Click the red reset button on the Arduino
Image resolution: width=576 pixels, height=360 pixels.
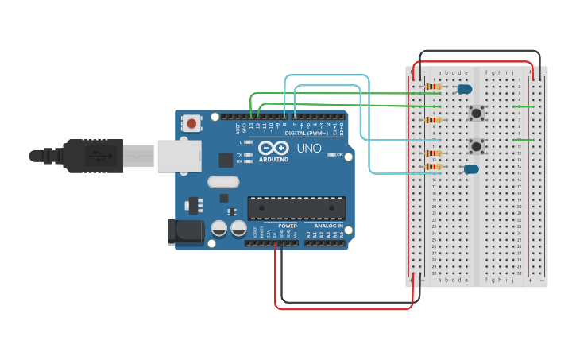click(191, 122)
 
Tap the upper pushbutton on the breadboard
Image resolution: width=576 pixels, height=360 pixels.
click(476, 113)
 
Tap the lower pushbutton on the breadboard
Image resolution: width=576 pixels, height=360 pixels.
click(476, 146)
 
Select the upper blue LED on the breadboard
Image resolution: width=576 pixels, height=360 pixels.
click(464, 89)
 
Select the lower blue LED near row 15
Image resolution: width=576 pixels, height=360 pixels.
click(471, 168)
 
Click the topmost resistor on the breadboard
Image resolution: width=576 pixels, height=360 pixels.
click(433, 87)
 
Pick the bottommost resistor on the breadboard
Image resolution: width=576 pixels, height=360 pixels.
click(433, 167)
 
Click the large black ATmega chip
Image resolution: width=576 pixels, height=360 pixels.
click(296, 208)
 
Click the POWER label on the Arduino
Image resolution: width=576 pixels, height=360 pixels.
click(287, 226)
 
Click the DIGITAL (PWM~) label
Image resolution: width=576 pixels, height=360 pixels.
click(306, 133)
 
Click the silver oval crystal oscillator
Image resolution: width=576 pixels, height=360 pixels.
click(223, 181)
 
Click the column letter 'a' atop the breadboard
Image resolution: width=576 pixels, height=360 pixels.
click(440, 72)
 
